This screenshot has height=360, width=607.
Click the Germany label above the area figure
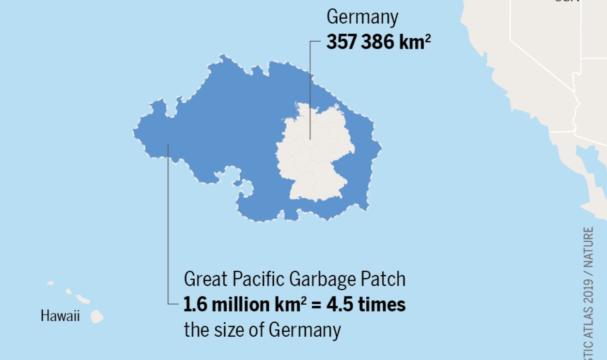click(362, 17)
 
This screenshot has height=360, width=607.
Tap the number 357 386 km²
click(378, 42)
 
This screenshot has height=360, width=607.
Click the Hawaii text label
click(60, 316)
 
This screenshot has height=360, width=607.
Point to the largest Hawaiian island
click(97, 316)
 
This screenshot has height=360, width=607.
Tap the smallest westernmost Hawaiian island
click(50, 283)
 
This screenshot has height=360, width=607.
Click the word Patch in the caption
click(384, 280)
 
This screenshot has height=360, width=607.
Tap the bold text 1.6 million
click(225, 305)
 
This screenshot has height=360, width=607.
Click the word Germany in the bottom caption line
click(305, 330)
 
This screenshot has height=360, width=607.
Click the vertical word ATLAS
click(589, 323)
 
